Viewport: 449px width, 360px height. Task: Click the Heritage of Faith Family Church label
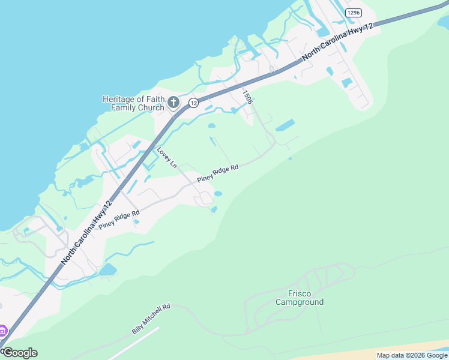click(x=133, y=103)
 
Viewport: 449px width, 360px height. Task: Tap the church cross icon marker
click(x=173, y=103)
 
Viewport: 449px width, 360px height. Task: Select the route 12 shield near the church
click(x=193, y=103)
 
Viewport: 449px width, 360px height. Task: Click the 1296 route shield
click(x=354, y=13)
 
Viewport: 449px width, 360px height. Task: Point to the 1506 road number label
click(x=247, y=97)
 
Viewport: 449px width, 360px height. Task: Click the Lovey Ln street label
click(x=167, y=157)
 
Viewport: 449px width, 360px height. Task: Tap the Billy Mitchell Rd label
click(x=151, y=319)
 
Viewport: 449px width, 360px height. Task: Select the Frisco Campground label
click(x=299, y=298)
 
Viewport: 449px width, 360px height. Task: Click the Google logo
click(x=20, y=353)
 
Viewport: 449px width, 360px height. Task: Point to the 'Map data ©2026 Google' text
click(x=412, y=355)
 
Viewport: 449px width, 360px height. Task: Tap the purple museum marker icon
click(x=2, y=331)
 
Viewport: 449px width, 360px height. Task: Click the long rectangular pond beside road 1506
click(x=285, y=126)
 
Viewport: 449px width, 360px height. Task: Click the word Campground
click(x=299, y=302)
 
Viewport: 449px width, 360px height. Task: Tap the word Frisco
click(x=299, y=293)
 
